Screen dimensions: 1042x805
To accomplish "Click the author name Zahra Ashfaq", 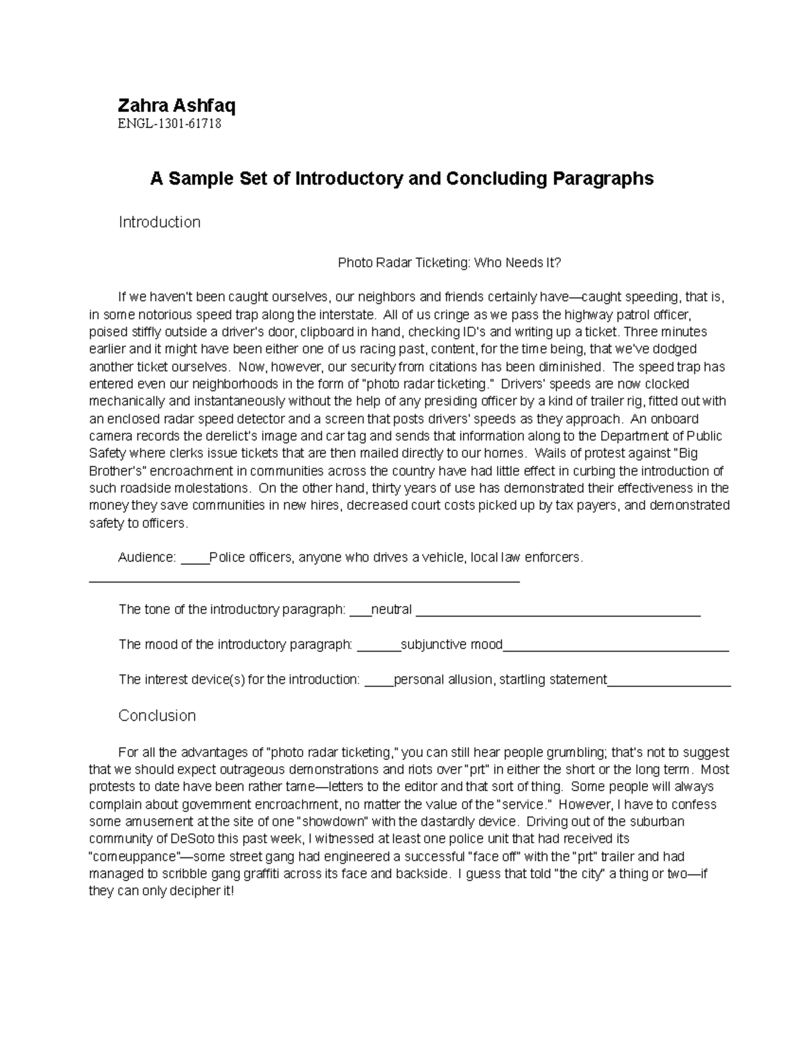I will tap(176, 105).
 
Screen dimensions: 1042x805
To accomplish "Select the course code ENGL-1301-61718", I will tap(170, 124).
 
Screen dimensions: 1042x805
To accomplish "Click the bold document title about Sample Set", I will tap(401, 178).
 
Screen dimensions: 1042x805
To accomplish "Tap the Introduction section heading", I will tap(160, 222).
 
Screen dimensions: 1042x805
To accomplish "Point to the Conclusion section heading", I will tap(157, 715).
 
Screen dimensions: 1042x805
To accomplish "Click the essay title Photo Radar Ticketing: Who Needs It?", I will tap(449, 263).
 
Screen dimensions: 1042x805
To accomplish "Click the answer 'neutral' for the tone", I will tap(391, 610).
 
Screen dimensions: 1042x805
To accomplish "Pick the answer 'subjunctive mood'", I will tap(451, 645).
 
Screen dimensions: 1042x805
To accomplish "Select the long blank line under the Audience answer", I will tap(305, 580).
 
